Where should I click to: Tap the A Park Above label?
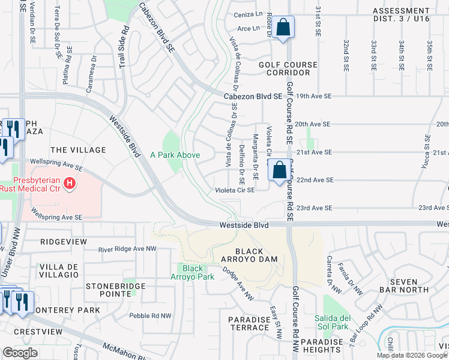point(175,155)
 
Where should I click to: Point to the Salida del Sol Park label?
point(331,322)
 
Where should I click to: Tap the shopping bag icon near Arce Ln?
point(282,27)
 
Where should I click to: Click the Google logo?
point(20,353)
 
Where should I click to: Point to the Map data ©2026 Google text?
point(412,355)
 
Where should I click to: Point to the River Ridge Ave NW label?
point(127,248)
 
